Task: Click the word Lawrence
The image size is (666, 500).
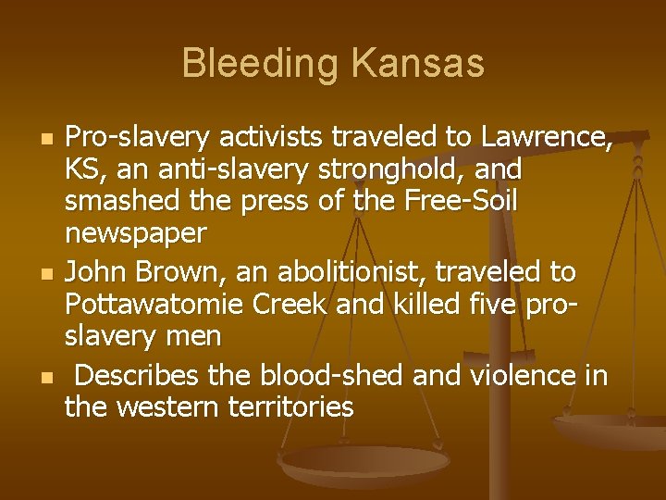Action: (x=546, y=138)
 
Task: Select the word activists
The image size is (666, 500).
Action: (x=282, y=138)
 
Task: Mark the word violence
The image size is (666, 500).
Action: (x=519, y=375)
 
